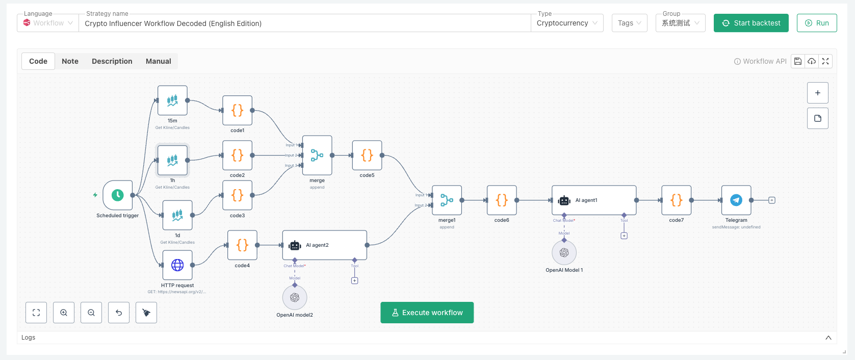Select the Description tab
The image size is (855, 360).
click(112, 61)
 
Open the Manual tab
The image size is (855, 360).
click(158, 61)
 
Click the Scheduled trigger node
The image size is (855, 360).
click(118, 195)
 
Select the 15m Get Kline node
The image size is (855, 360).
click(172, 100)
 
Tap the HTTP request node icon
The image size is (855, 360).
click(177, 265)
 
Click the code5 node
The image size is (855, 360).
click(367, 156)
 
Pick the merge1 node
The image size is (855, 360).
click(447, 200)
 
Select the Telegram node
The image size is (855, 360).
click(736, 200)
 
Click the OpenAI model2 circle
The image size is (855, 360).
click(295, 298)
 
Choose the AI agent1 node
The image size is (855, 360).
click(593, 200)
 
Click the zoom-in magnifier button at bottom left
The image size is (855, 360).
click(64, 313)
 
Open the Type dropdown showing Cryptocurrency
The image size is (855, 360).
click(566, 23)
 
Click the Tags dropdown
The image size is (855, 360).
click(629, 23)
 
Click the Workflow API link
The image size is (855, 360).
click(760, 61)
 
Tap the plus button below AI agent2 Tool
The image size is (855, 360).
click(355, 281)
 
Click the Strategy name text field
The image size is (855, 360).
click(304, 23)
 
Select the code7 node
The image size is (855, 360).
click(676, 200)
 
